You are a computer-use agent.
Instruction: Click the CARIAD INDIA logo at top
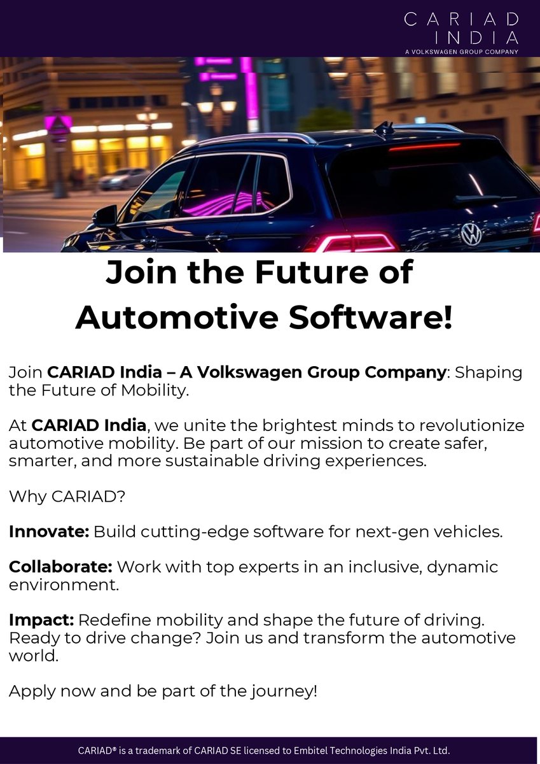tap(461, 29)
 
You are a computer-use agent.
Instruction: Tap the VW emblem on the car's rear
tap(471, 234)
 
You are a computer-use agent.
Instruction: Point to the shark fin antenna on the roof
tap(384, 129)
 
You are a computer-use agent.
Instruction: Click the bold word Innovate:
tap(49, 532)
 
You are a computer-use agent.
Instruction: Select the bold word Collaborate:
tap(60, 567)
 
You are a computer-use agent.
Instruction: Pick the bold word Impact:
tap(41, 619)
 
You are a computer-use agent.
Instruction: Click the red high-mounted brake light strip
tap(424, 147)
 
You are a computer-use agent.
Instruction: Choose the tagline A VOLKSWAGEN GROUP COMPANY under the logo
tap(461, 52)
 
